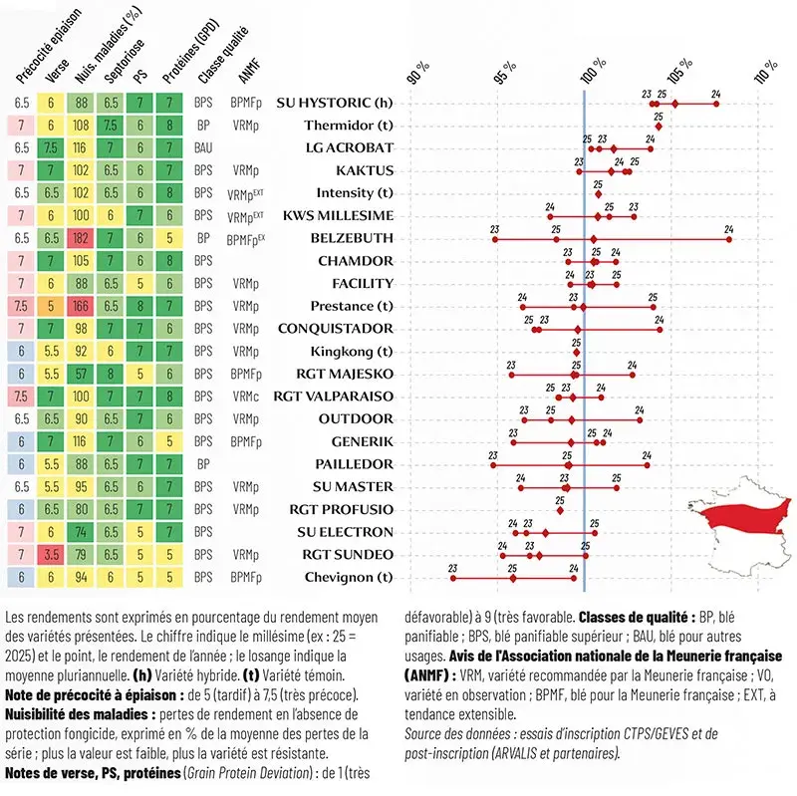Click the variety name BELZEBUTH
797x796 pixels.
click(x=352, y=238)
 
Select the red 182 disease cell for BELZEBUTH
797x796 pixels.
click(x=81, y=238)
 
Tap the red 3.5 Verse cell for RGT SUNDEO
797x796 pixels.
click(x=51, y=555)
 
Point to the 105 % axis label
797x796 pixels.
click(x=680, y=71)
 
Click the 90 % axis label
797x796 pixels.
click(x=418, y=73)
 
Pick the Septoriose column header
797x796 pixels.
click(x=124, y=61)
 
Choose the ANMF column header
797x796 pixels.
click(x=250, y=70)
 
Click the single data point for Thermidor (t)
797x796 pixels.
click(x=659, y=127)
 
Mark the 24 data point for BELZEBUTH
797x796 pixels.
click(x=729, y=239)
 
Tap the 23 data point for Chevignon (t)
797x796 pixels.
click(x=453, y=579)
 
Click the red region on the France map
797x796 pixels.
click(x=741, y=517)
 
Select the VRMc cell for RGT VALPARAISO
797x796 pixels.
click(x=245, y=397)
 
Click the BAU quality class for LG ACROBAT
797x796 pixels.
click(x=203, y=147)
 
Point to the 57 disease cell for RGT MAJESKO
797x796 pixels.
click(x=81, y=375)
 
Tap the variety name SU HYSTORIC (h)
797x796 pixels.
click(x=335, y=104)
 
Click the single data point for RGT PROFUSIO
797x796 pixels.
click(x=560, y=511)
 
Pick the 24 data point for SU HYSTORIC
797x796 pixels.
click(x=716, y=105)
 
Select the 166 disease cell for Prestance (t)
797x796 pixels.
click(x=81, y=306)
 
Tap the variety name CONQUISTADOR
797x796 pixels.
click(x=336, y=329)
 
